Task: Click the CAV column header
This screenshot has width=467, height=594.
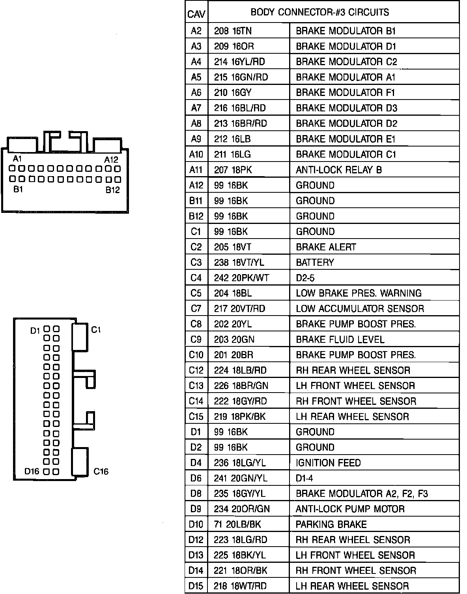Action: tap(196, 14)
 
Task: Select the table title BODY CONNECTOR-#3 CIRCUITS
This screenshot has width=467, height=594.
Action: tap(319, 12)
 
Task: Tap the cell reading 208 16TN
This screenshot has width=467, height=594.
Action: tap(233, 31)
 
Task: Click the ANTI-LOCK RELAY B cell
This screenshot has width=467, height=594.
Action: tap(338, 170)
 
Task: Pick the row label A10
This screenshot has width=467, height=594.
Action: tap(196, 154)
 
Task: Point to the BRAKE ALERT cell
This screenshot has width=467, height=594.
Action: tap(326, 247)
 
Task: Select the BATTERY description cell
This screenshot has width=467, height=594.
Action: tap(315, 263)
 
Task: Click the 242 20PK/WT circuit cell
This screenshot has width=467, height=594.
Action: tap(241, 278)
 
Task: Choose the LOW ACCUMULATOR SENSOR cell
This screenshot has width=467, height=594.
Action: tap(360, 309)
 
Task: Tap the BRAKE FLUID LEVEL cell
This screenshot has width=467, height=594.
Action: tap(340, 340)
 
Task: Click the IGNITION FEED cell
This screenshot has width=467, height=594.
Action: tap(328, 463)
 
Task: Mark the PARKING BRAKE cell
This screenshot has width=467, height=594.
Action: tap(331, 524)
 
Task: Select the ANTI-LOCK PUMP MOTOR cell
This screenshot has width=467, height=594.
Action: tap(350, 509)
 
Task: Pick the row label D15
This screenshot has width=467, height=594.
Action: tap(196, 586)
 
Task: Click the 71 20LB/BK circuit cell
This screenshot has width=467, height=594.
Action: tap(237, 524)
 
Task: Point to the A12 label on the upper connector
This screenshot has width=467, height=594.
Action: tap(111, 160)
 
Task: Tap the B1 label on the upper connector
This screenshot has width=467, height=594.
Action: tap(18, 189)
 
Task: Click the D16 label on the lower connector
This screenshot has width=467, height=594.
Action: tap(32, 471)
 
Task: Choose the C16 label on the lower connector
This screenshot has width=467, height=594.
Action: tap(101, 471)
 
